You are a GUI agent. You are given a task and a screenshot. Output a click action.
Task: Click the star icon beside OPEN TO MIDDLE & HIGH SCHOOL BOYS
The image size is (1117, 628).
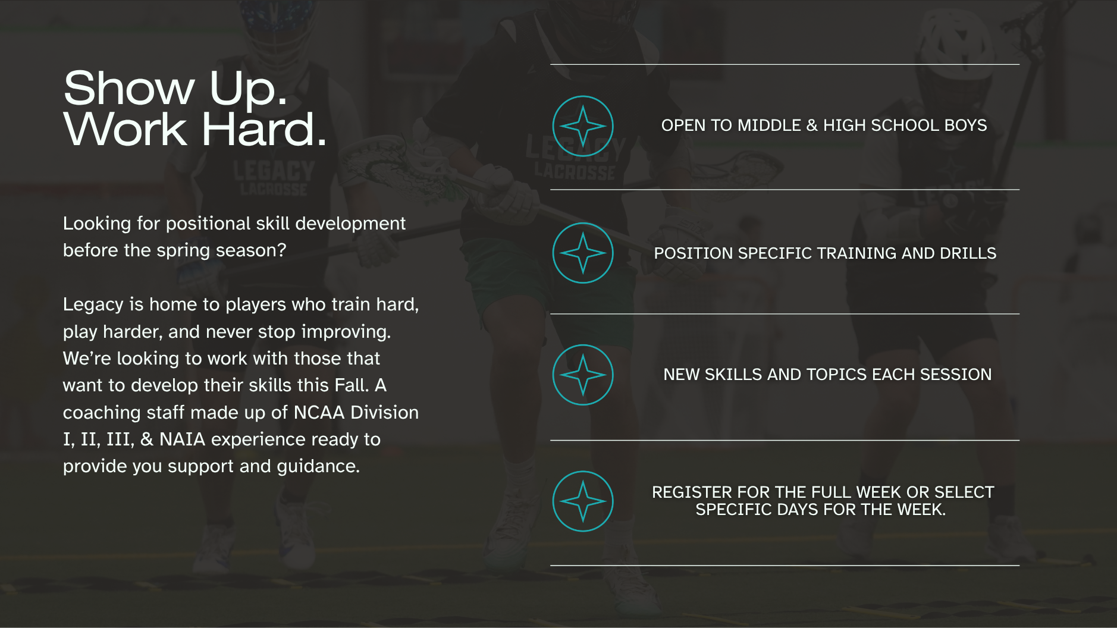(x=583, y=126)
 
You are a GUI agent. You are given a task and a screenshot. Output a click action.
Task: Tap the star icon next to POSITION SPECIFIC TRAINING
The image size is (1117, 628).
(x=583, y=253)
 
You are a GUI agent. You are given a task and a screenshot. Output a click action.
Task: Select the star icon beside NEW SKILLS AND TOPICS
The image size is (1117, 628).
(x=583, y=375)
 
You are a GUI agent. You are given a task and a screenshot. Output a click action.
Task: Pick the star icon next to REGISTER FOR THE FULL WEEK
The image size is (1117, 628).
(x=583, y=501)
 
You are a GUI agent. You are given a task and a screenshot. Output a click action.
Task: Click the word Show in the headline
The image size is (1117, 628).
(x=129, y=88)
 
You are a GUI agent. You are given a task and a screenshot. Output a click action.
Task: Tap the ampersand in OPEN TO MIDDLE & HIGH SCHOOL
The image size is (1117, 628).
(x=812, y=125)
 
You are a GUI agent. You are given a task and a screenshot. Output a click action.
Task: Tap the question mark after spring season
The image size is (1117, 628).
(x=282, y=250)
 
